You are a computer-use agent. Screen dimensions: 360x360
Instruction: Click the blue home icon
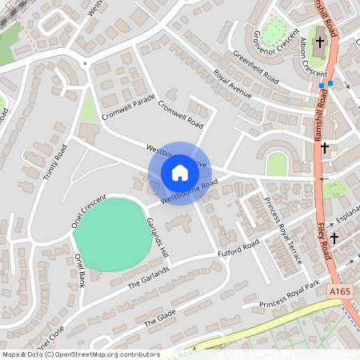click(x=179, y=172)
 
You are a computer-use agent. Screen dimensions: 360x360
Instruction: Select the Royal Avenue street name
click(x=232, y=87)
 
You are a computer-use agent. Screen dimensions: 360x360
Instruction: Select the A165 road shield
click(x=341, y=294)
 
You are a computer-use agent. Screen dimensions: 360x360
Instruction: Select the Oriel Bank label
click(x=80, y=271)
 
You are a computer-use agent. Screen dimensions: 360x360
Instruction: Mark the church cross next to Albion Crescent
click(x=319, y=42)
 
